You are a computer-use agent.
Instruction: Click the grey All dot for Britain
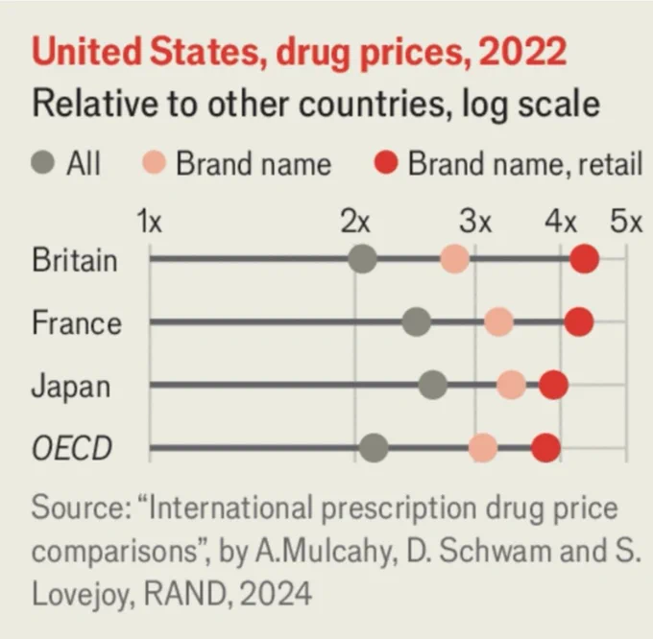click(362, 259)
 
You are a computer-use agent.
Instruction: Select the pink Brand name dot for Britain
click(455, 259)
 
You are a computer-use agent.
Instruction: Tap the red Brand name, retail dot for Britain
click(584, 259)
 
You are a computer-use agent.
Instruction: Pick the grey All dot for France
click(417, 322)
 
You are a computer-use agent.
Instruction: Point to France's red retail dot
click(579, 322)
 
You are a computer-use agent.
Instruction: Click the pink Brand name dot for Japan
click(512, 386)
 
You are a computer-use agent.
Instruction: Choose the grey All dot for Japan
click(433, 386)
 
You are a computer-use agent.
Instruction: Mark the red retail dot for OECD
click(546, 448)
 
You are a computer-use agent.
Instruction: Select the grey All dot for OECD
click(374, 448)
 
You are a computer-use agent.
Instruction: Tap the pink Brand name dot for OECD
click(483, 448)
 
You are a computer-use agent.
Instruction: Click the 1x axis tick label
click(150, 222)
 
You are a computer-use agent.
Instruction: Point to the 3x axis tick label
click(475, 222)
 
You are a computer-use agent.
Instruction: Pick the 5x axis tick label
click(626, 222)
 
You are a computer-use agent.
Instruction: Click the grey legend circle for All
click(43, 162)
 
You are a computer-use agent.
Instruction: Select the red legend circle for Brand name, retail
click(386, 162)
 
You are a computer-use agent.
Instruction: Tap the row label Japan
click(71, 388)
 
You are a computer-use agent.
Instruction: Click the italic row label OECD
click(72, 448)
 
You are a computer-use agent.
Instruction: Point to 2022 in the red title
click(522, 51)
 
